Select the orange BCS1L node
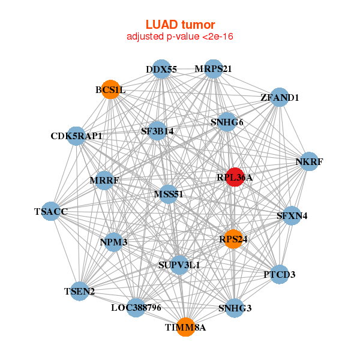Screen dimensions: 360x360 point(110,90)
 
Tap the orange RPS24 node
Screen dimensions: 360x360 point(233,239)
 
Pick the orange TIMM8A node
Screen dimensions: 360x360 point(186,327)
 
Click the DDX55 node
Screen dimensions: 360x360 point(161,69)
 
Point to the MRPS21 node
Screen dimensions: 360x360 point(213,68)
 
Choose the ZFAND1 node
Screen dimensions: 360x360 point(280,97)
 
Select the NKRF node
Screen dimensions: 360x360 point(309,161)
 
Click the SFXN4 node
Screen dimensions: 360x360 point(292,215)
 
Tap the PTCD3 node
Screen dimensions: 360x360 point(279,274)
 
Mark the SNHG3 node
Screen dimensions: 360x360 point(235,308)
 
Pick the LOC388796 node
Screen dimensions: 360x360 point(136,308)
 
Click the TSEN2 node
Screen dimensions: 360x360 point(80,292)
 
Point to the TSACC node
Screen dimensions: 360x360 point(51,211)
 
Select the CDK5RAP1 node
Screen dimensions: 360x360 point(76,136)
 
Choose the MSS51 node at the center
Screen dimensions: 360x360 point(168,194)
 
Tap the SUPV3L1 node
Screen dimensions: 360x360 point(179,264)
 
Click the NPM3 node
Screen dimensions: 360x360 point(114,242)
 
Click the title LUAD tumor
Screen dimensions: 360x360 point(180,25)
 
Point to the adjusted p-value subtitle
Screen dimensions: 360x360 point(180,37)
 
